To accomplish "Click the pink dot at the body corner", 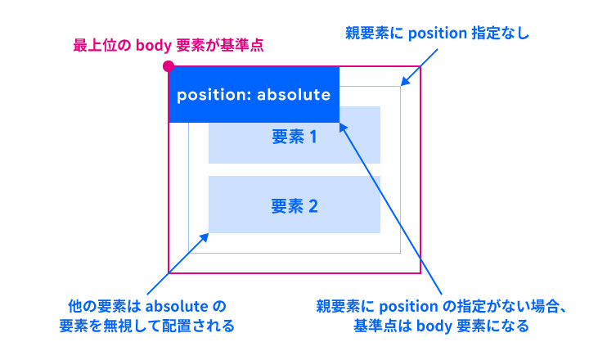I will pyautogui.click(x=169, y=66).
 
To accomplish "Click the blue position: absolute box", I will pyautogui.click(x=254, y=94).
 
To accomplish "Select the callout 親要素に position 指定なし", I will pyautogui.click(x=438, y=34).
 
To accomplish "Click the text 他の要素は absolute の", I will pyautogui.click(x=146, y=307).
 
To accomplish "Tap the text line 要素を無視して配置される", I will pyautogui.click(x=146, y=326).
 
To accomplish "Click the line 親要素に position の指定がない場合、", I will pyautogui.click(x=442, y=307).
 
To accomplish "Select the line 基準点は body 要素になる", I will pyautogui.click(x=442, y=326).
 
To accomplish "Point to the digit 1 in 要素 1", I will pyautogui.click(x=312, y=137).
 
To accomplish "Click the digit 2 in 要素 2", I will pyautogui.click(x=312, y=206).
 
